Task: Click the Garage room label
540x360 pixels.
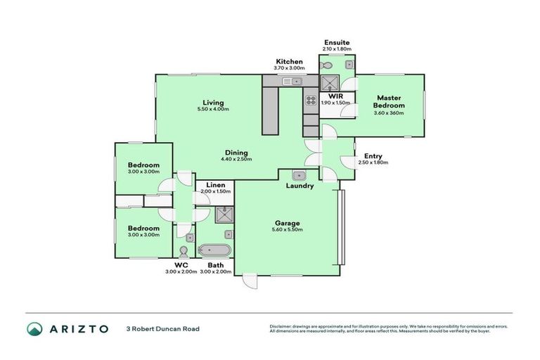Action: [287, 223]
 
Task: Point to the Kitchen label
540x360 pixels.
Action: [289, 62]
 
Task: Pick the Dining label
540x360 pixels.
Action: [236, 152]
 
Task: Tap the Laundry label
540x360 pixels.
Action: [300, 186]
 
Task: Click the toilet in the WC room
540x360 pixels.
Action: [184, 251]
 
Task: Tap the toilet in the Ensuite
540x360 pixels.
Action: [326, 65]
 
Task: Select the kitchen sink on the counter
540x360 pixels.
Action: [291, 82]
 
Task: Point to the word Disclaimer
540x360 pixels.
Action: [281, 326]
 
